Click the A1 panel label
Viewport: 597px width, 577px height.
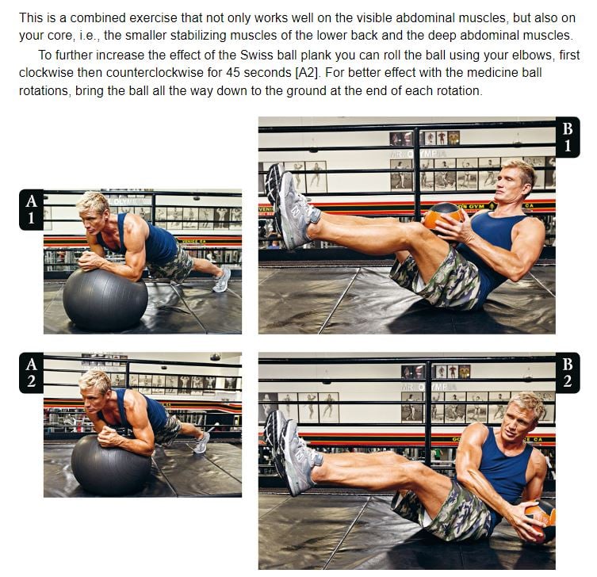[31, 209]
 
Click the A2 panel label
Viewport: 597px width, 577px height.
[31, 373]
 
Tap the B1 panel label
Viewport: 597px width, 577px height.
[568, 137]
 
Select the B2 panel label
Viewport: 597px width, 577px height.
[568, 373]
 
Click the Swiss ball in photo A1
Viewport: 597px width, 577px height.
[105, 299]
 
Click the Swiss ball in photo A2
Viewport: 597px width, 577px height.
[111, 465]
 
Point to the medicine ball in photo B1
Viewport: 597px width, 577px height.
[443, 216]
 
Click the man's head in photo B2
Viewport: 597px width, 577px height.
[522, 414]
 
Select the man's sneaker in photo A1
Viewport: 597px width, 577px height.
[221, 280]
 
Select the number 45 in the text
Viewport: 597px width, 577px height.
[233, 72]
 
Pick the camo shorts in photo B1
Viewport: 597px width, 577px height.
[438, 279]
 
